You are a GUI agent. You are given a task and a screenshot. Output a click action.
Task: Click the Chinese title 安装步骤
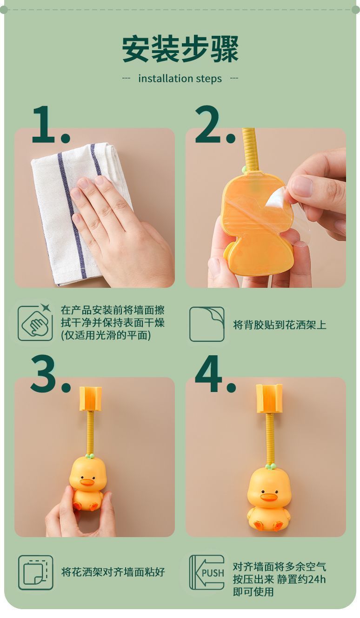tap(180, 49)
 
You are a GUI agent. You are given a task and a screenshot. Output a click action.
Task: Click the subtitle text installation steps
tap(180, 79)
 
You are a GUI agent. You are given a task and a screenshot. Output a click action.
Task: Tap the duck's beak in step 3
tap(87, 482)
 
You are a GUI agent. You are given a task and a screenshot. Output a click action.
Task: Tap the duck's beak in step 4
tap(268, 497)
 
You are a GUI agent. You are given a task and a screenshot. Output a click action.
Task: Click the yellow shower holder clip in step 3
tap(90, 399)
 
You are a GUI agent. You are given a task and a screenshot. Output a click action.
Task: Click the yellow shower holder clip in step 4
tap(269, 398)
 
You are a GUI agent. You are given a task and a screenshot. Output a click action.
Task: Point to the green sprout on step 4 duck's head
tap(270, 465)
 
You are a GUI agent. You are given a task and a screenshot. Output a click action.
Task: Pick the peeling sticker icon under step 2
tap(207, 324)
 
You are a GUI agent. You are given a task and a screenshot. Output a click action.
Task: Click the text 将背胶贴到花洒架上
tap(280, 325)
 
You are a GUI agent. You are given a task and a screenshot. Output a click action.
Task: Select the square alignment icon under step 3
tap(35, 572)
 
